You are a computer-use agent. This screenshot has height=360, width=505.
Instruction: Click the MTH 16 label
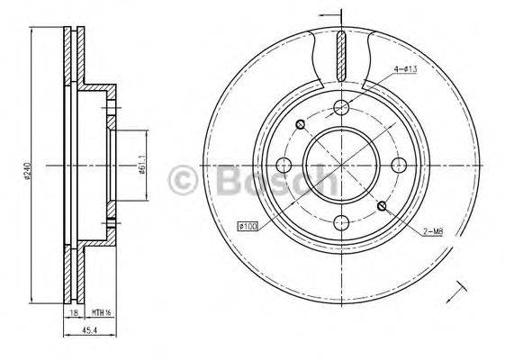pyautogui.click(x=101, y=313)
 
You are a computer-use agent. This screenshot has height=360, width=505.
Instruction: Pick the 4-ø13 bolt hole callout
pyautogui.click(x=403, y=72)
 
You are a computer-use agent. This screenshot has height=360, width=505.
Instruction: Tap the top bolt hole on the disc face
pyautogui.click(x=340, y=109)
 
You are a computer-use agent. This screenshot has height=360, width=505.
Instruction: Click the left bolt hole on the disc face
pyautogui.click(x=284, y=166)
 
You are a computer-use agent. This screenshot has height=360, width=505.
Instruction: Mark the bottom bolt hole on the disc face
pyautogui.click(x=340, y=221)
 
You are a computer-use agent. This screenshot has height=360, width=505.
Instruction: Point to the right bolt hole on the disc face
pyautogui.click(x=397, y=166)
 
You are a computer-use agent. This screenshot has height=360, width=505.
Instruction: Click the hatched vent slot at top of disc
pyautogui.click(x=340, y=55)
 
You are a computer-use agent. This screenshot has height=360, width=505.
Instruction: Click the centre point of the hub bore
pyautogui.click(x=340, y=166)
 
